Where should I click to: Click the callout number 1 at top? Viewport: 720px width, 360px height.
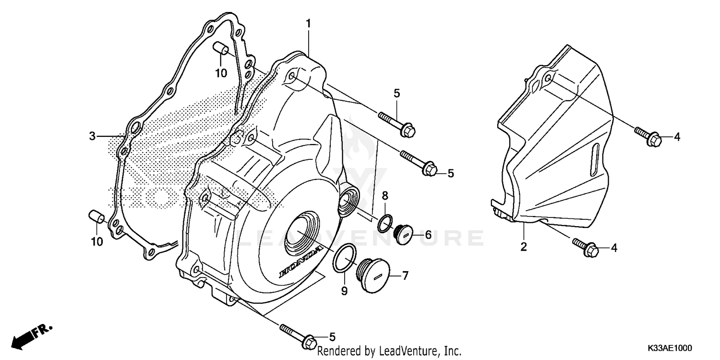[x=309, y=23]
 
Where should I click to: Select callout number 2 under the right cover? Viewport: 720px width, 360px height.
[x=524, y=247]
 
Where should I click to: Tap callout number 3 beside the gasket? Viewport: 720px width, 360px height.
[x=92, y=136]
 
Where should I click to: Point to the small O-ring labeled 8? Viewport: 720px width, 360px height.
[x=385, y=223]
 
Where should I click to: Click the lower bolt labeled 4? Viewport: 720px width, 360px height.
[x=586, y=246]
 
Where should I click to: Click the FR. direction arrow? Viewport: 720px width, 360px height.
[x=30, y=336]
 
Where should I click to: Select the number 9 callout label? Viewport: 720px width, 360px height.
[x=344, y=291]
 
